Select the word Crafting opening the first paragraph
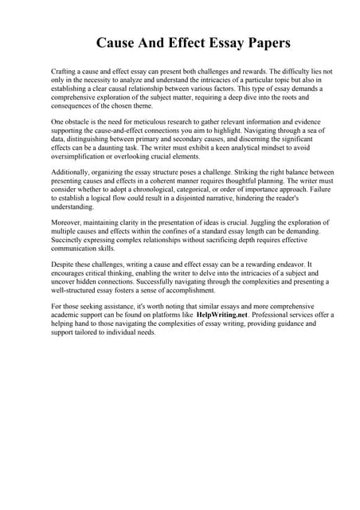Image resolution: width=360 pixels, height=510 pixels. click(65, 72)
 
